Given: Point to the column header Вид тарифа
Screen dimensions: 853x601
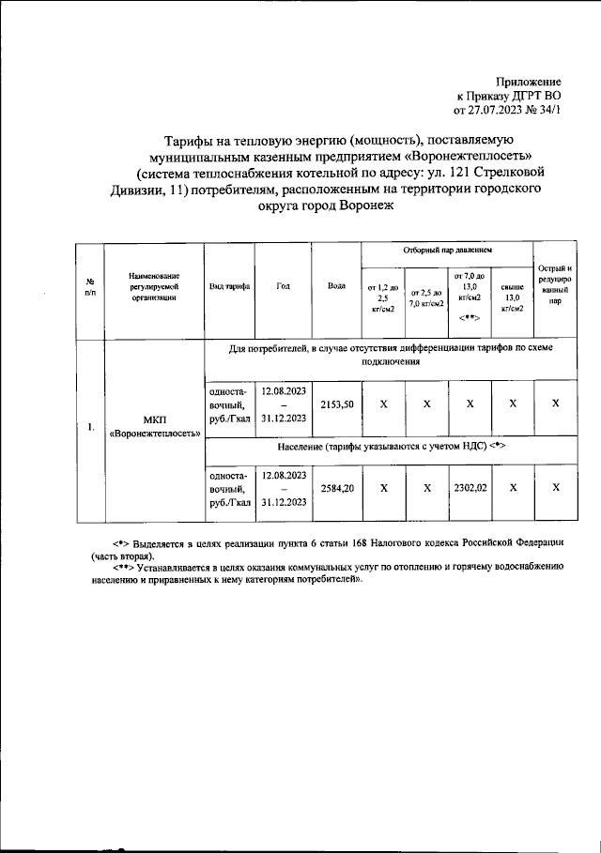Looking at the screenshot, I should point(228,286).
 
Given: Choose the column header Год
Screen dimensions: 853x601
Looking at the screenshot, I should point(283,286).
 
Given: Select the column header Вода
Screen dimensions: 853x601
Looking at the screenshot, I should point(336,286).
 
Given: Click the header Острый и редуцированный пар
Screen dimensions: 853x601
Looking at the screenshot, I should point(555,286).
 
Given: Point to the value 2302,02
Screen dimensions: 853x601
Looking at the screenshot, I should point(469,488).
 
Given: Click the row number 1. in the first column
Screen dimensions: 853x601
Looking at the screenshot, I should point(90,427).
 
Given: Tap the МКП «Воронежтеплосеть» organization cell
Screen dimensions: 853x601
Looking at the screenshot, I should point(155,427).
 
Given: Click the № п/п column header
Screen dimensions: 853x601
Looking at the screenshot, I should point(90,286).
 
